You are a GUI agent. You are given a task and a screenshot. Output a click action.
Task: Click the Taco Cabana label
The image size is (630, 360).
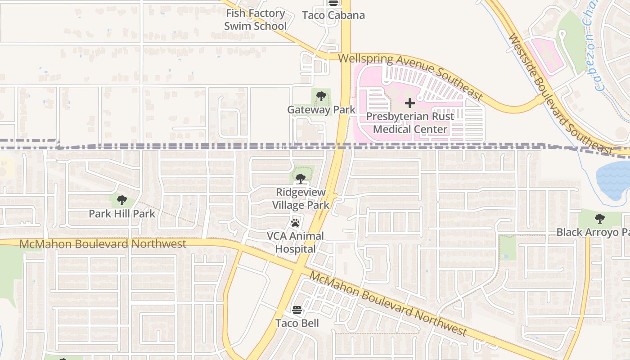coord(333,15)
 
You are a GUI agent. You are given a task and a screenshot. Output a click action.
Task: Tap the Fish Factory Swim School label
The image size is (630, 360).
coord(255,20)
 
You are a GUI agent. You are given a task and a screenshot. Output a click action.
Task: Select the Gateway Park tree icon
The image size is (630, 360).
coord(321,96)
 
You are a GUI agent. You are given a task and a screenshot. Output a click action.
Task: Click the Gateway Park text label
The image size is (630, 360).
coord(321,109)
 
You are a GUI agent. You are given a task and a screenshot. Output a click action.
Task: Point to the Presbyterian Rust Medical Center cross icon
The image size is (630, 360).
coord(409,103)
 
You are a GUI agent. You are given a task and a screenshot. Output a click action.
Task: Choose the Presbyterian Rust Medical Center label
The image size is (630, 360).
coord(410,123)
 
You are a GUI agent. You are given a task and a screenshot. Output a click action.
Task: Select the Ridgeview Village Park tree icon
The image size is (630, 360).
coord(300,179)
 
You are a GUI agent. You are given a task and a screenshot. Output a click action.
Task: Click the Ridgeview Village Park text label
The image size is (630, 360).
coord(300,198)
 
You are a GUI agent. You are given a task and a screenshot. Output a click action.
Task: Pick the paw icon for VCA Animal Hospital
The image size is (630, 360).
coord(295,222)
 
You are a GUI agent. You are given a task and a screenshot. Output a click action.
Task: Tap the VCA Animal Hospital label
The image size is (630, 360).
coord(295,242)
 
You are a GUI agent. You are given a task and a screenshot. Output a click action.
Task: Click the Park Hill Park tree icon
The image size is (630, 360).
coord(121,200)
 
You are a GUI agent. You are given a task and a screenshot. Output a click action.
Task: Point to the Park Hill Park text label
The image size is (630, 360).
coord(121,213)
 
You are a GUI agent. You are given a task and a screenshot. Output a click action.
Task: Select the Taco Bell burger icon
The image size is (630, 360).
coord(297,310)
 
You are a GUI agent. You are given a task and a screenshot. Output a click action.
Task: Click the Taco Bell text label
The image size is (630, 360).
coord(297,323)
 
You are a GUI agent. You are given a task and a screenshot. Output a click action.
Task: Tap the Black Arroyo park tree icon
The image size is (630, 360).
coord(599,219)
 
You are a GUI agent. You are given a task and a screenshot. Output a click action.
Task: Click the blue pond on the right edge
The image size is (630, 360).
coord(614,180)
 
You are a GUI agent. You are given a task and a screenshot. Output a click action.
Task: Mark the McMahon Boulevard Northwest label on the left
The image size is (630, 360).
coord(103,244)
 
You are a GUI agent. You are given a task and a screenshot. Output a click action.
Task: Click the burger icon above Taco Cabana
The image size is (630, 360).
coord(333,3)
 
